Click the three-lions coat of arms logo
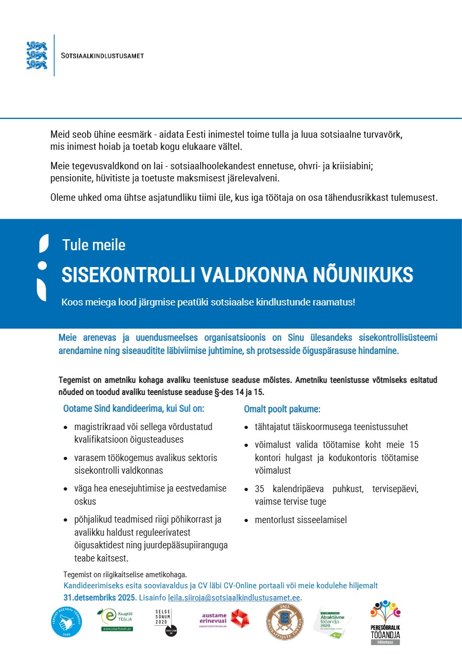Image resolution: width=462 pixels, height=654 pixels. [x=37, y=55]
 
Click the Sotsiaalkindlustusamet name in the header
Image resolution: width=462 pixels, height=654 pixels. [x=102, y=56]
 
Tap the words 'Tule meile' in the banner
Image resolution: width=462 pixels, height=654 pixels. [x=93, y=245]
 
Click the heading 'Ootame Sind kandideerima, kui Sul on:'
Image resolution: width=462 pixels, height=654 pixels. [x=133, y=408]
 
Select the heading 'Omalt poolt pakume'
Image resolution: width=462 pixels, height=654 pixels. [x=281, y=408]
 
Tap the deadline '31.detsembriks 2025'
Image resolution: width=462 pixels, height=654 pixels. [x=99, y=598]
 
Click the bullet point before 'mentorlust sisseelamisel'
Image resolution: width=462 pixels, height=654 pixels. [x=246, y=521]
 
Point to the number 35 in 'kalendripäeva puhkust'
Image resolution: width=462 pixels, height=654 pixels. [x=259, y=489]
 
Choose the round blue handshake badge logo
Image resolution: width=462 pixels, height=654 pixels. [x=66, y=622]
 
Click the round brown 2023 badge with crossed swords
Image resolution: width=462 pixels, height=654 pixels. [x=285, y=621]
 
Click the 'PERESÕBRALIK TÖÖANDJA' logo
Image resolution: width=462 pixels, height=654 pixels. [x=385, y=622]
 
